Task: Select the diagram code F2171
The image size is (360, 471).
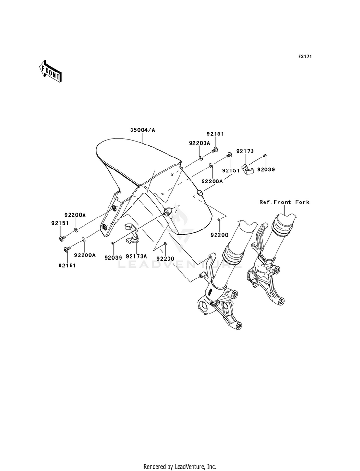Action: (x=305, y=57)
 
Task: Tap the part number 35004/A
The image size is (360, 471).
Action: (x=142, y=130)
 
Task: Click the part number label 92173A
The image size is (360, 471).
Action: (x=136, y=256)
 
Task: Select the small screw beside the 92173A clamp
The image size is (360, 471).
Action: (x=113, y=243)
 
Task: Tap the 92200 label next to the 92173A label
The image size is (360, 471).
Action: (x=165, y=258)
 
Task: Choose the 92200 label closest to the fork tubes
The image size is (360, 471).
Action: (x=218, y=235)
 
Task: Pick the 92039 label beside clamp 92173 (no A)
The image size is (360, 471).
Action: (x=265, y=169)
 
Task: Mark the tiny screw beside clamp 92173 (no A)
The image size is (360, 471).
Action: (x=265, y=156)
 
